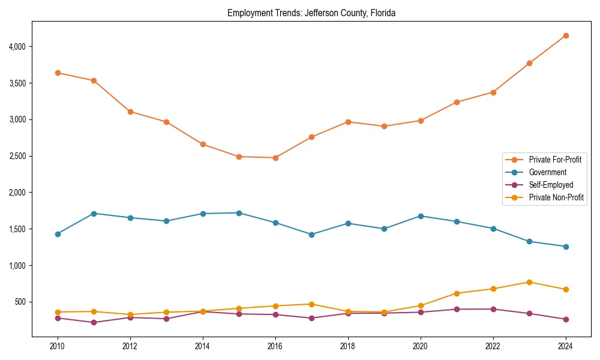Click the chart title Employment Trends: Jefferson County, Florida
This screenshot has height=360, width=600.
[311, 13]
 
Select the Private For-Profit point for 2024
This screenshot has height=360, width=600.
[566, 35]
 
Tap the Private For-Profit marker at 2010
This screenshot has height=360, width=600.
[58, 73]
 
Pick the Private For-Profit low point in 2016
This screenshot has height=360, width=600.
[275, 158]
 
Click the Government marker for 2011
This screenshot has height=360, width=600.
[94, 214]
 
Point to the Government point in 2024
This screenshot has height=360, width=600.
[566, 247]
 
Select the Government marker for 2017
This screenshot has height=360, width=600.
[312, 235]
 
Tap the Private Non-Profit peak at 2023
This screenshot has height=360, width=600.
[530, 282]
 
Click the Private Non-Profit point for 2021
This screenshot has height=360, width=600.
[457, 293]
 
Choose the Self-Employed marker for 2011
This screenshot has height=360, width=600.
[94, 322]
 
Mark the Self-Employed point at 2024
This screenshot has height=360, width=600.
[566, 319]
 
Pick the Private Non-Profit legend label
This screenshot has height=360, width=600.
[556, 197]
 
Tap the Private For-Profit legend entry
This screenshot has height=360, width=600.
[555, 160]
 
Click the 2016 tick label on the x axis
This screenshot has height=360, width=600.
[275, 346]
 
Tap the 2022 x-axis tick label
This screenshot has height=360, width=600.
[493, 346]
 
